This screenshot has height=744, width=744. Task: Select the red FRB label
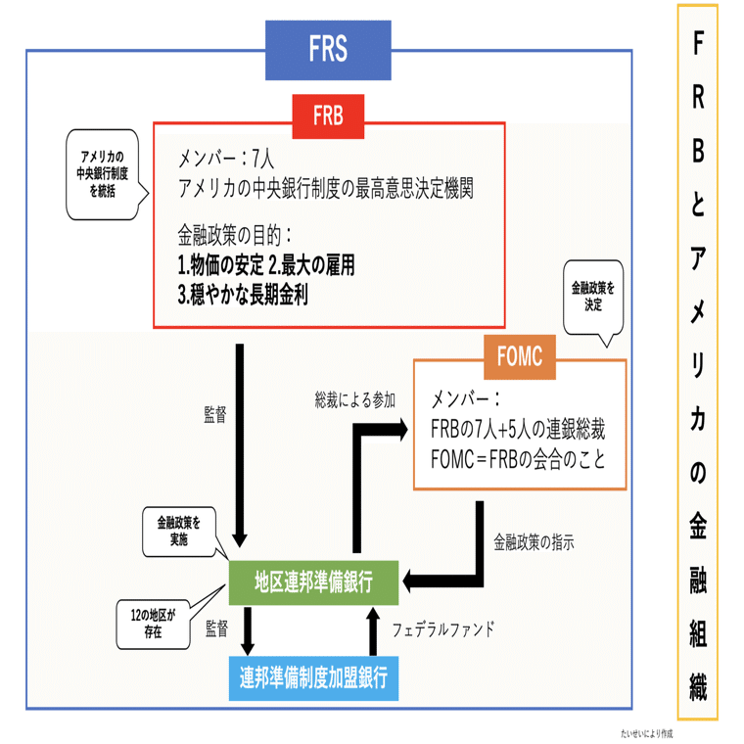(x=328, y=116)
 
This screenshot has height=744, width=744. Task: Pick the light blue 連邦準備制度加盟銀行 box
(x=313, y=676)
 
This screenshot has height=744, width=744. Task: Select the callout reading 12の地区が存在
(x=150, y=625)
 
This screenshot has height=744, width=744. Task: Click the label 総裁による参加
(x=355, y=399)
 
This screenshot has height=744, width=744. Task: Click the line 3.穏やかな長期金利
(x=243, y=295)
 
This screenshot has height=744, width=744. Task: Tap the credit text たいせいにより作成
(x=647, y=732)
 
